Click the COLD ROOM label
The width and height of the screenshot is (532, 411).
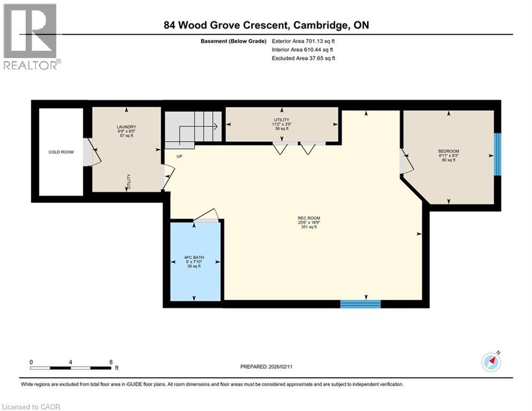tap(61, 152)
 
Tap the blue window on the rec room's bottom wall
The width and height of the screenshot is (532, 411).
tap(360, 304)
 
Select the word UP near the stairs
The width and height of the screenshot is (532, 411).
tap(180, 156)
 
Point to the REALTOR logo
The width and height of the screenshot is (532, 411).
tap(30, 36)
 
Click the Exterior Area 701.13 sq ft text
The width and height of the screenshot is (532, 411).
tap(303, 41)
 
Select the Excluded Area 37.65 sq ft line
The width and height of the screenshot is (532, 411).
tap(303, 58)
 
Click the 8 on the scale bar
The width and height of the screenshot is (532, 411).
tap(111, 362)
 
